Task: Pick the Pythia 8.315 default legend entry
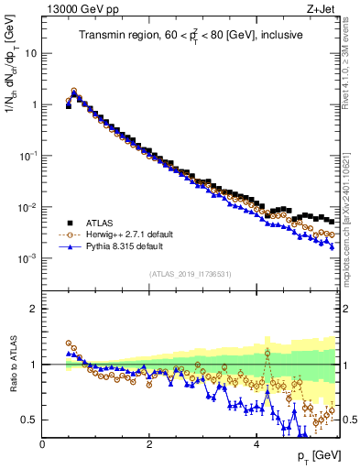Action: pyautogui.click(x=135, y=246)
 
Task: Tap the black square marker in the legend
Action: pyautogui.click(x=71, y=223)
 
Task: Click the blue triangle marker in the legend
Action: pyautogui.click(x=71, y=246)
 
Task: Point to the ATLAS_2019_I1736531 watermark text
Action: pyautogui.click(x=190, y=274)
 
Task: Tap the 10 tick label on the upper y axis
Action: pyautogui.click(x=30, y=53)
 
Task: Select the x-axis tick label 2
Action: pyautogui.click(x=149, y=443)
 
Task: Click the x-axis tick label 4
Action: pyautogui.click(x=256, y=443)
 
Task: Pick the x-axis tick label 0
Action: pyautogui.click(x=42, y=443)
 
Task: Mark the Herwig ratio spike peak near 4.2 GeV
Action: pyautogui.click(x=267, y=353)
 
